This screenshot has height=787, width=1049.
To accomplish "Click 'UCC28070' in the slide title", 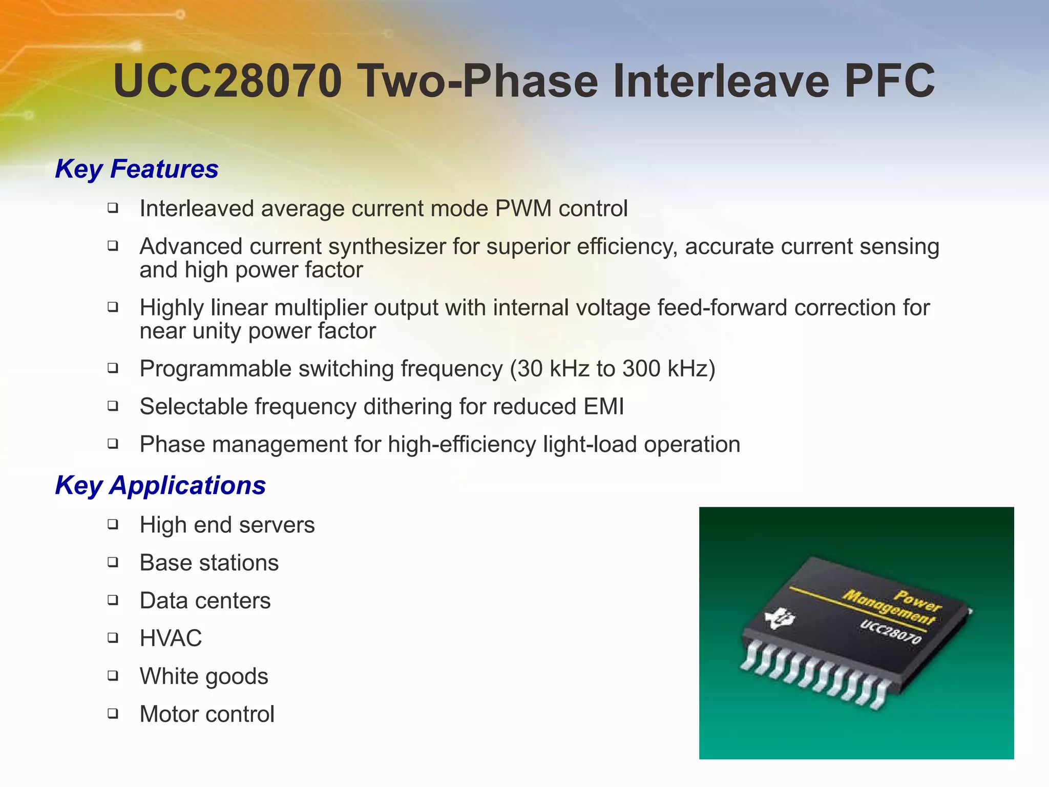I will (x=227, y=81).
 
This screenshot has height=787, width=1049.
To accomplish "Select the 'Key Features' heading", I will (x=137, y=169).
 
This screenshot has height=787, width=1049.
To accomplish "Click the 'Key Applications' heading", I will (x=160, y=485).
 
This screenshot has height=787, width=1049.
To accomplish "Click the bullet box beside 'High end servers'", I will (x=113, y=524).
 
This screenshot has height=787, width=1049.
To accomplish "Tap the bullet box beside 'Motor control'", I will (x=113, y=713).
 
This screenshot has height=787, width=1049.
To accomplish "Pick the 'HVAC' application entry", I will (x=171, y=638).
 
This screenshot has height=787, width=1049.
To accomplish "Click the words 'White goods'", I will (x=204, y=676).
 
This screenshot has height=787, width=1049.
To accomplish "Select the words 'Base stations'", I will (x=209, y=563).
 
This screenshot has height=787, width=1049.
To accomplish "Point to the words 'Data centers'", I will (x=205, y=600).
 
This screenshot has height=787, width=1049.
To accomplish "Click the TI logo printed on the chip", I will (x=780, y=620).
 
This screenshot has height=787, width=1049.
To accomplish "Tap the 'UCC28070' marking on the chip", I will (x=891, y=632).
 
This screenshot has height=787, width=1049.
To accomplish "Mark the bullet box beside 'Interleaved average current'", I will (x=113, y=208).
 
